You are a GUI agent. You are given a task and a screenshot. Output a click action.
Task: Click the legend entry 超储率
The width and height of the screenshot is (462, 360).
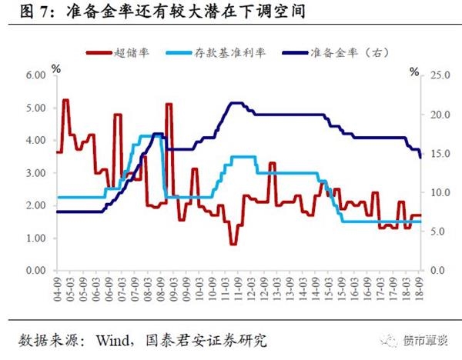(129, 52)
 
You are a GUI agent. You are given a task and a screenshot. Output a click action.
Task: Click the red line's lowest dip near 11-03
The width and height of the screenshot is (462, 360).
(233, 244)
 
